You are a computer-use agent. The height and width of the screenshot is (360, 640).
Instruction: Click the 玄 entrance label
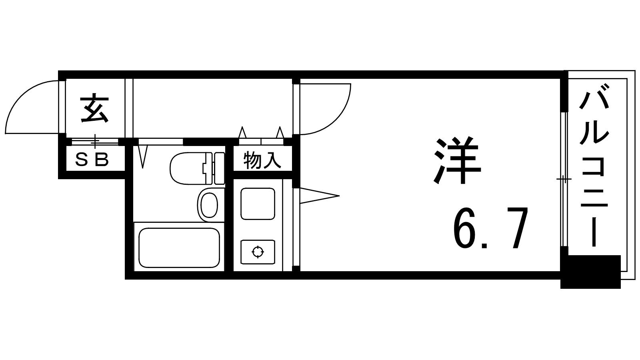(94, 109)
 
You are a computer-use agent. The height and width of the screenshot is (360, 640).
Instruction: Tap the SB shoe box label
(92, 160)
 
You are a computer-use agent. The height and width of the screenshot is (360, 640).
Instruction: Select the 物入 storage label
(262, 160)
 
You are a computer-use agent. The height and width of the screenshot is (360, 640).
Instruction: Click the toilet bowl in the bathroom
(188, 168)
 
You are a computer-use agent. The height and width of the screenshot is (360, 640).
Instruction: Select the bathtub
(179, 248)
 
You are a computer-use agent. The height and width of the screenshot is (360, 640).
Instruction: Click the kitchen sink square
(258, 204)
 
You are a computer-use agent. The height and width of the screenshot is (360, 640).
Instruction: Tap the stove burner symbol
(258, 252)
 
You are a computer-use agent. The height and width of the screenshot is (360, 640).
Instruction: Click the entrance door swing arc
(32, 107)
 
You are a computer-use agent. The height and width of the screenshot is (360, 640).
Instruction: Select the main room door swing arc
(325, 109)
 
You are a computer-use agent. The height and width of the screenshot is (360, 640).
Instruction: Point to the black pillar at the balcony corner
(590, 272)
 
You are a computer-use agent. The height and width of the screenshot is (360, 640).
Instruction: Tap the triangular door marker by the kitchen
(320, 196)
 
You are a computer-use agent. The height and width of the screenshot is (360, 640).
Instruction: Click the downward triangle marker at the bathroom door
(142, 157)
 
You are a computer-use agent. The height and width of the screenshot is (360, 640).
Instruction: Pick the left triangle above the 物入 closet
(242, 132)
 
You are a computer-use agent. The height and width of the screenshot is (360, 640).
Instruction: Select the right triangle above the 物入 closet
(280, 132)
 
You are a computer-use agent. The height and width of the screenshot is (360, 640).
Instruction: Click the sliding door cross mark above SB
(95, 141)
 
